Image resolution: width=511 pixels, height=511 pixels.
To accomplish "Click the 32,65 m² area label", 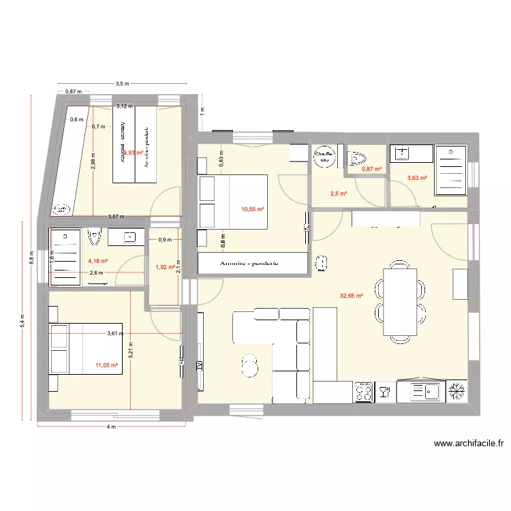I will click(351, 296).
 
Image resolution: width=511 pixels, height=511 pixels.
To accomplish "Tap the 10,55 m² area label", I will click(252, 210).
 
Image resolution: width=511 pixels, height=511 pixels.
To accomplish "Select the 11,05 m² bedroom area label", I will click(107, 365).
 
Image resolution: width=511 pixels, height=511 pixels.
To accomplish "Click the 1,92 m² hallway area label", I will click(166, 267).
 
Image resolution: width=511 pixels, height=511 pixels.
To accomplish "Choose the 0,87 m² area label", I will click(371, 169).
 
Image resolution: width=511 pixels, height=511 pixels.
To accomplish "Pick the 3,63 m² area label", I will click(417, 178).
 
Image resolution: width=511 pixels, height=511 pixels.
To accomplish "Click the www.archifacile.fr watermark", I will click(469, 444).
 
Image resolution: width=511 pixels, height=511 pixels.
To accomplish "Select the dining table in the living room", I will click(400, 301).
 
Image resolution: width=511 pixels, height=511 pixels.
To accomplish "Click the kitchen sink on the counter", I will click(425, 391).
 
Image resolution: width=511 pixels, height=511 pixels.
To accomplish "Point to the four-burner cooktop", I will click(364, 391).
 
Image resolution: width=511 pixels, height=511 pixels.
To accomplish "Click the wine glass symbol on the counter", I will click(384, 391).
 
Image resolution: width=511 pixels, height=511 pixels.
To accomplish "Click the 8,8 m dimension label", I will click(31, 259).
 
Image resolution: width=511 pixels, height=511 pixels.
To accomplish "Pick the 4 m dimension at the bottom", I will click(111, 427).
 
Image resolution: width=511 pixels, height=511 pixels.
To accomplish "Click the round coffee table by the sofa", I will click(250, 365).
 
